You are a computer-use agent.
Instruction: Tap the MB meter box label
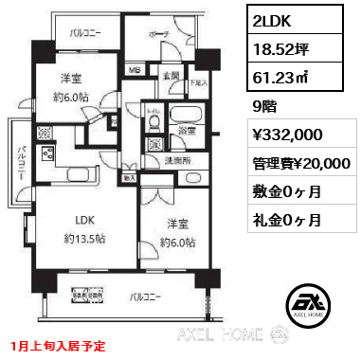pyautogui.click(x=135, y=69)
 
